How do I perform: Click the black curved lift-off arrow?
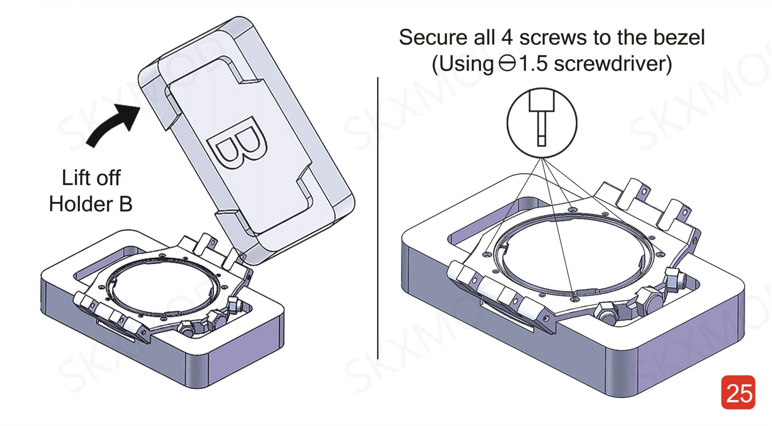[x=111, y=125]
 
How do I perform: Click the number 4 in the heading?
[x=507, y=37]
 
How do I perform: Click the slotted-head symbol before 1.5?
[x=507, y=63]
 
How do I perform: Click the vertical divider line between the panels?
[x=378, y=218]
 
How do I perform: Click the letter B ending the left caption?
[x=125, y=204]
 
